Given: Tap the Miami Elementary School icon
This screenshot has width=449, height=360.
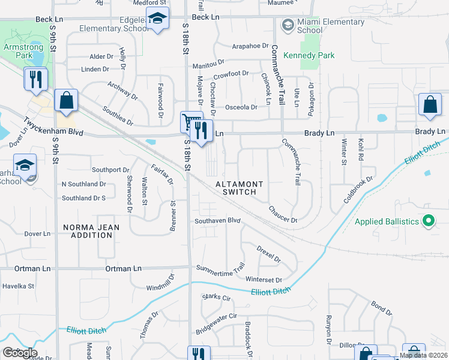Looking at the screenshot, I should (x=287, y=25).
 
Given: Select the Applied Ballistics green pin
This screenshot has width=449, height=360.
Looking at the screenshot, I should (x=428, y=221).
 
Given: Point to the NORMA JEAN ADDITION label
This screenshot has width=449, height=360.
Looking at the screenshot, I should (x=88, y=231).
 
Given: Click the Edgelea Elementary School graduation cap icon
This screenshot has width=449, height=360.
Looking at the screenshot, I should (x=157, y=19).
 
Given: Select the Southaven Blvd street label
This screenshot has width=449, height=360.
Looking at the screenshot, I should (x=217, y=221).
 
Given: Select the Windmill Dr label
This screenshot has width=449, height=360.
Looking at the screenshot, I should (x=160, y=283).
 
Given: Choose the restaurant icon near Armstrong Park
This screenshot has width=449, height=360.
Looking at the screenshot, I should (x=35, y=79).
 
